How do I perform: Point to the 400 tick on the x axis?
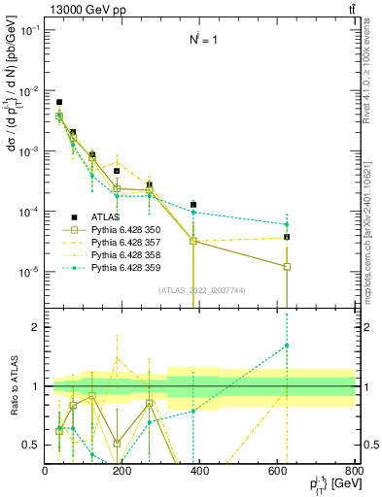[x=200, y=471]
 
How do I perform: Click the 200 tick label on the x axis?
[x=122, y=471]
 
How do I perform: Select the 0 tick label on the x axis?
[x=46, y=471]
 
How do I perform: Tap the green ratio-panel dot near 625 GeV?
[x=287, y=346]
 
